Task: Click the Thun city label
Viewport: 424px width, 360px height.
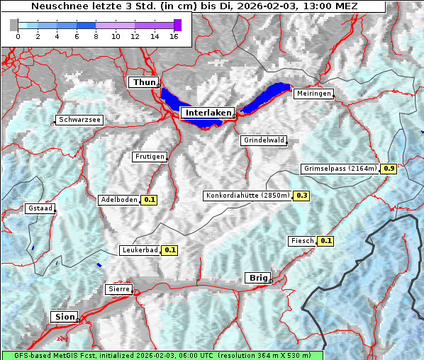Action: click(144, 83)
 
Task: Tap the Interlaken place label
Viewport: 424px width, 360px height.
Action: click(207, 113)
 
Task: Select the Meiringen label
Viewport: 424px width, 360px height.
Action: click(313, 94)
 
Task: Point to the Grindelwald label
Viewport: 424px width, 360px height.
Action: click(264, 140)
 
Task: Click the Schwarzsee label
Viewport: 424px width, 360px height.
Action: click(80, 120)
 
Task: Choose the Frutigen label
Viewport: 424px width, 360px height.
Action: click(149, 157)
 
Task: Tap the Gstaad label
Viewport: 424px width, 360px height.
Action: click(40, 208)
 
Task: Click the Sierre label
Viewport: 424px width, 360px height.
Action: click(118, 289)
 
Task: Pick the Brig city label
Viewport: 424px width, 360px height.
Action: click(257, 278)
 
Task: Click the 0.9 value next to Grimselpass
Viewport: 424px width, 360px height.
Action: click(389, 169)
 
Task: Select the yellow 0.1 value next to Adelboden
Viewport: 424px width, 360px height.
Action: click(150, 200)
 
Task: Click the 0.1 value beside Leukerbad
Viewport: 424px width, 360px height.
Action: click(170, 250)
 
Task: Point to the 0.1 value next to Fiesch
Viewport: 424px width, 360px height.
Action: click(325, 241)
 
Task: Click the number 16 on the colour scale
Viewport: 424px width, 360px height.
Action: click(174, 36)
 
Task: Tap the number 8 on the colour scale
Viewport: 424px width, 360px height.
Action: click(95, 36)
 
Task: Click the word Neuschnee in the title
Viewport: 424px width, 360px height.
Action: click(57, 6)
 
